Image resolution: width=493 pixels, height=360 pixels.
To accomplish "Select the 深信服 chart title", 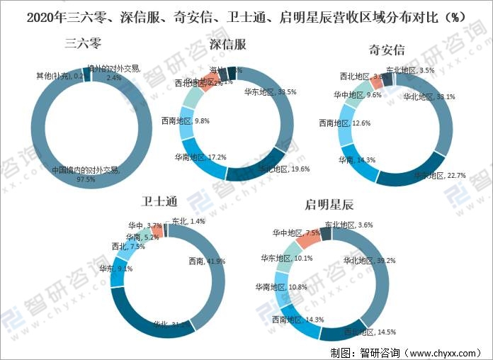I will [228, 45].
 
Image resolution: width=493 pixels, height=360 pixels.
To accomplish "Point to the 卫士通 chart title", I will [161, 201].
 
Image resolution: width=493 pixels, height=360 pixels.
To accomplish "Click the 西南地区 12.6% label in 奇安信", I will [344, 123].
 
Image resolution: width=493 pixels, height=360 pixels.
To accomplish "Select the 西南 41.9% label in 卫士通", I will [207, 261].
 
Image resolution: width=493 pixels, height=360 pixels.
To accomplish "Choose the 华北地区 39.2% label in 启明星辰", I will [369, 260].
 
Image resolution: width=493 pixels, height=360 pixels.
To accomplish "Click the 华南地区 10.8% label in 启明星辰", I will [280, 287].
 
